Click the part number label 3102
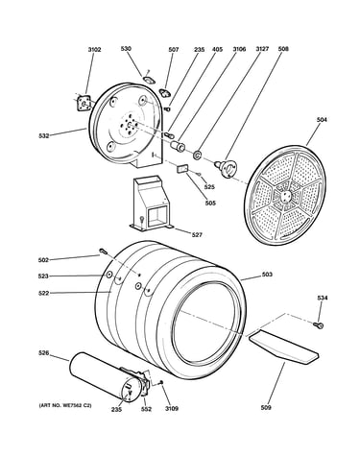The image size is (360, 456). [94, 50]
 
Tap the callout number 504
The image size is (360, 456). [322, 120]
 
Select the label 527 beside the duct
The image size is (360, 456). [197, 235]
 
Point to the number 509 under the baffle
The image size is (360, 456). [266, 407]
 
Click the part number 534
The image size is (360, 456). [323, 298]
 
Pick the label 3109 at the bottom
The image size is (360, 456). [172, 409]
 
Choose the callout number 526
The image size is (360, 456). [43, 353]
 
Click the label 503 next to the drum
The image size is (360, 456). [267, 275]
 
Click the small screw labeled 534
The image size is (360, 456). [319, 325]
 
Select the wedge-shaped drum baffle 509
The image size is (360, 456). [283, 348]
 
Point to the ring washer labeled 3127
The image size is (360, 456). [197, 156]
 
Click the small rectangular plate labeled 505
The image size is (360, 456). [182, 168]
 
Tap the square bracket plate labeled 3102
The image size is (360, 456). [84, 104]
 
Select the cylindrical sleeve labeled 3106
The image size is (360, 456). [178, 146]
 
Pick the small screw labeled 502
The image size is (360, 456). [103, 252]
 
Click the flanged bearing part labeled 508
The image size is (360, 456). [226, 167]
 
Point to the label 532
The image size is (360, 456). [44, 135]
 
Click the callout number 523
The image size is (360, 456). [44, 276]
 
